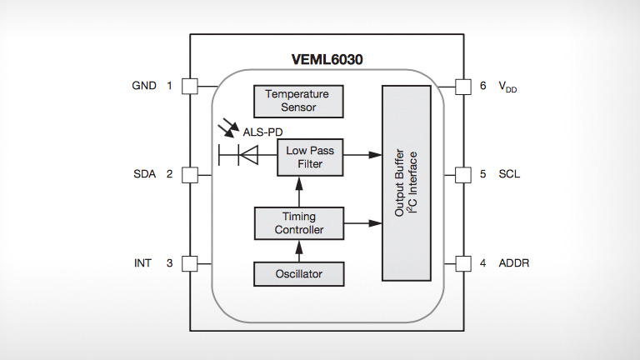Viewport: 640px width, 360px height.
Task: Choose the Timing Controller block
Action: pos(298,223)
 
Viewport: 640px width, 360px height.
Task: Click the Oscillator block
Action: pos(298,272)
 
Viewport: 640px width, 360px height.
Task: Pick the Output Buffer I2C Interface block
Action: pos(412,182)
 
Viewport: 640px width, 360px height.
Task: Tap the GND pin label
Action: pos(144,86)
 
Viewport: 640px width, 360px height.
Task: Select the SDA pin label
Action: pos(144,174)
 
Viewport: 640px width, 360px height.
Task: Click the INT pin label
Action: pos(143,263)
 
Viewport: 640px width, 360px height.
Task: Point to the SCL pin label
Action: pos(509,174)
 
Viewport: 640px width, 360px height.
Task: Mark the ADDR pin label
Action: pos(513,263)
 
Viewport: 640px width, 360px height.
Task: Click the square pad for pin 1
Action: pos(189,86)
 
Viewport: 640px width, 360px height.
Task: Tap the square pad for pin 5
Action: pos(464,174)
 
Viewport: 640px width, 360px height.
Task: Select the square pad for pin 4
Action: pos(464,263)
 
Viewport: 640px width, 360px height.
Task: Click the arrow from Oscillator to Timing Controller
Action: pos(298,250)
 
